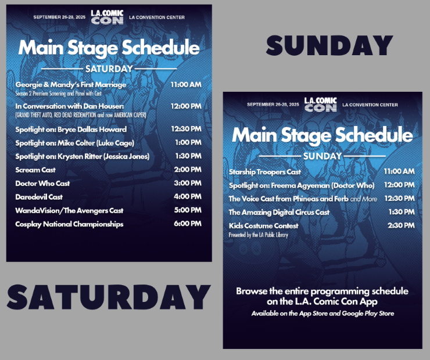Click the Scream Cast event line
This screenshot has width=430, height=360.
coord(35,170)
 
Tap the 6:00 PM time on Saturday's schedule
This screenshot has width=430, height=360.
coord(188,224)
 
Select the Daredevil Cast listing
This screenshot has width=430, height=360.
coord(39,197)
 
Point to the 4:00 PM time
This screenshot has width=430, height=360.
coord(188,196)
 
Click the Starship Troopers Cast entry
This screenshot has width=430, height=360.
coord(265,172)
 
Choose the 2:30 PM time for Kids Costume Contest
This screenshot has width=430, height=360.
coord(401,225)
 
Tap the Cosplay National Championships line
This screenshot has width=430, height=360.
coord(69,224)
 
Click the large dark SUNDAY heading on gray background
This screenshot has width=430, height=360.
coord(329,45)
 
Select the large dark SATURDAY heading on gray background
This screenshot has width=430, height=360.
coord(109,297)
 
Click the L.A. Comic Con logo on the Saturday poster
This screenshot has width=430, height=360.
coord(107,17)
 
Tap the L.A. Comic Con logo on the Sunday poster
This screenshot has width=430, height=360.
coord(321,105)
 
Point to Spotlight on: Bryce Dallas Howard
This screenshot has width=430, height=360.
coord(71,129)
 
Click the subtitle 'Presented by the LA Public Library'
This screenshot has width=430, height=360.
coord(259,235)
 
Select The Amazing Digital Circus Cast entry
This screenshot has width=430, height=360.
coord(279,213)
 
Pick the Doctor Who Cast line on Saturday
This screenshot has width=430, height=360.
coord(42,183)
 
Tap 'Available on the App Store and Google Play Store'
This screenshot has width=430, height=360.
coord(322,314)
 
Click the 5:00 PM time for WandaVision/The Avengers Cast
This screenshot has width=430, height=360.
coord(188,210)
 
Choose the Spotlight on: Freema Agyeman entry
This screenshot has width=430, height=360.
coord(302,185)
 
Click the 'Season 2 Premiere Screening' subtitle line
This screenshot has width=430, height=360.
coord(59,93)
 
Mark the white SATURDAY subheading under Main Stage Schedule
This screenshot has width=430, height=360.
coord(109,69)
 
